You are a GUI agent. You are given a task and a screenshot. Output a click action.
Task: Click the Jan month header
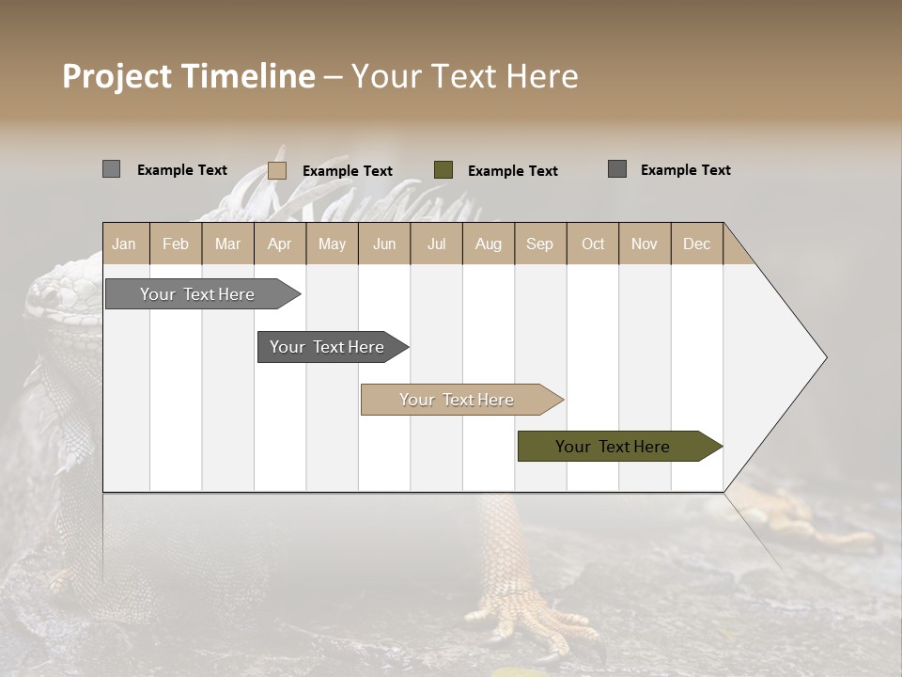(124, 244)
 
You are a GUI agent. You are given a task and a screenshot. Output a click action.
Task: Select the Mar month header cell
(227, 244)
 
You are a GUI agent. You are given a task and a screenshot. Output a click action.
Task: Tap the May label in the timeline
(332, 244)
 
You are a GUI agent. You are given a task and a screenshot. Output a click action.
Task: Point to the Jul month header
(436, 244)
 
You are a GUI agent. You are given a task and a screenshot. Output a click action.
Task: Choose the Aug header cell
(488, 244)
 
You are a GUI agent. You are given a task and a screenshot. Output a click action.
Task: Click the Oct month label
(593, 244)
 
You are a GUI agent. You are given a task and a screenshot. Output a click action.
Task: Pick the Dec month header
(696, 244)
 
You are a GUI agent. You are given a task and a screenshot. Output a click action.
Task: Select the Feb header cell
(176, 244)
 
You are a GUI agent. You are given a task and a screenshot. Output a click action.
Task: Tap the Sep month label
(539, 244)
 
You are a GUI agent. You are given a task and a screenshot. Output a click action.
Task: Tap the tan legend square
(277, 170)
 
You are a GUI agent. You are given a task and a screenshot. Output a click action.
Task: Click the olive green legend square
(443, 170)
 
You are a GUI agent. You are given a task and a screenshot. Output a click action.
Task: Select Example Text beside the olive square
(513, 171)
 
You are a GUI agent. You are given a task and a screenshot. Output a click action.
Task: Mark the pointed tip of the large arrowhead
(825, 357)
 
